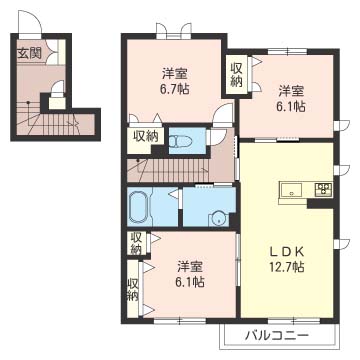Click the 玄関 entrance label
28,54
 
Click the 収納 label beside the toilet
145,137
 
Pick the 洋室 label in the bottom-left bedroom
190,266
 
